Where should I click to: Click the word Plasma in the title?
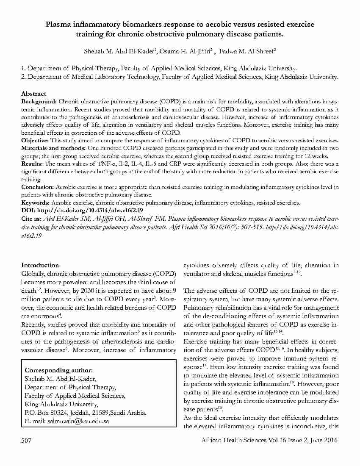pos(58,25)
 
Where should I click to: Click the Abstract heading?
pos(33,94)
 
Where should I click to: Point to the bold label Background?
pos(39,102)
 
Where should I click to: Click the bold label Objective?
pos(35,140)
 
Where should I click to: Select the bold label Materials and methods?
pos(54,147)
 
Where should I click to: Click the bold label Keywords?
pos(36,202)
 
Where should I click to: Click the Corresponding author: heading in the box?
pos(58,370)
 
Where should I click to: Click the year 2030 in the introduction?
pos(98,291)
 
